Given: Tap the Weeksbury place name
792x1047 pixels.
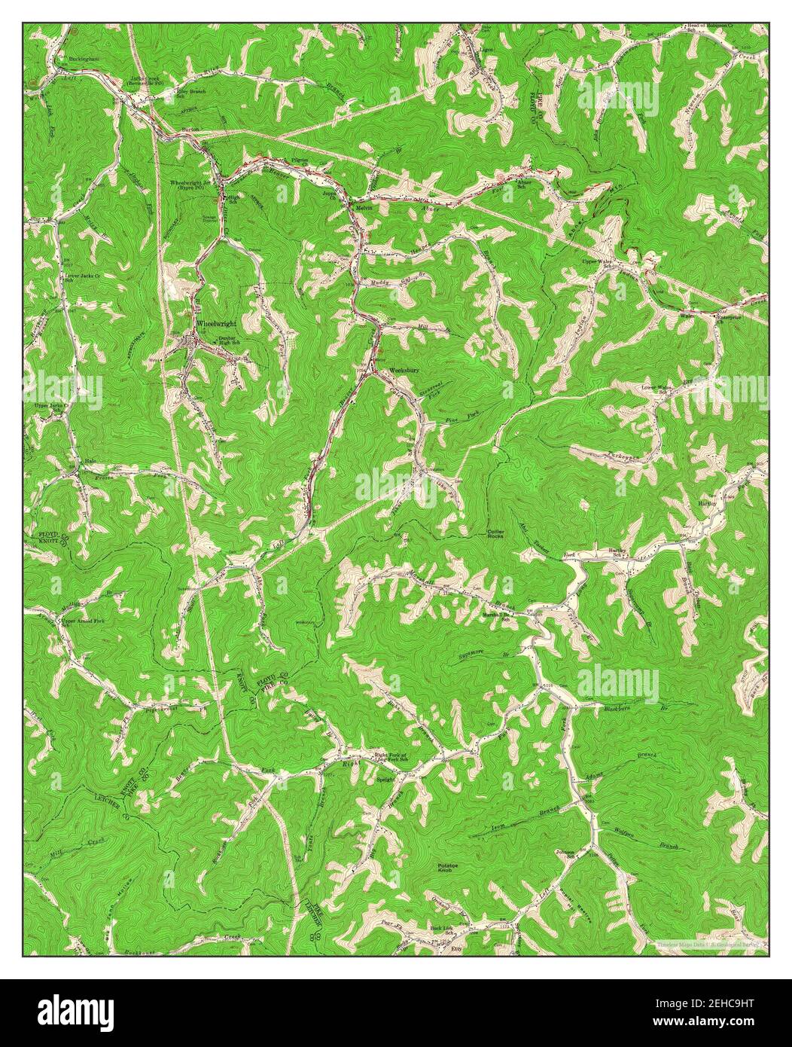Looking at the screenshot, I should [403, 371].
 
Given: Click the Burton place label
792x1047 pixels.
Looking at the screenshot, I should [190, 130].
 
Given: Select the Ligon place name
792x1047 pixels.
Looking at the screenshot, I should [487, 50].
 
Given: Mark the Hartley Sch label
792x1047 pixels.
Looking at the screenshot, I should [617, 554].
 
